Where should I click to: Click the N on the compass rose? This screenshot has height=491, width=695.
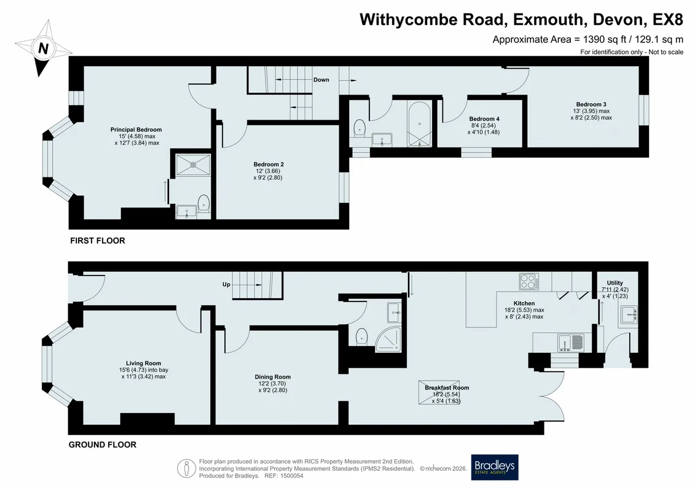click(x=43, y=48)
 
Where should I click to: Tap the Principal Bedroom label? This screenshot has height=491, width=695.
click(x=136, y=130)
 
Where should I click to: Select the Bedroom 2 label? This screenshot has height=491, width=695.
click(x=269, y=164)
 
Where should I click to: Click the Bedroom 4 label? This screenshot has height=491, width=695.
click(x=484, y=118)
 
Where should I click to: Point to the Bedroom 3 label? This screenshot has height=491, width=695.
click(x=591, y=104)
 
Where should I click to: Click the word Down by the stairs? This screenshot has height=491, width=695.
click(x=321, y=80)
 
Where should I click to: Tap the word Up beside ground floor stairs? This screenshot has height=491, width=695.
click(x=227, y=284)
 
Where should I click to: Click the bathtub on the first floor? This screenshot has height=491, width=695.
click(x=419, y=125)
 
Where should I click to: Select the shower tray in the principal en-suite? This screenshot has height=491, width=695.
click(x=193, y=164)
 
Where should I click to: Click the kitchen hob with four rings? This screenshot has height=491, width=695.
click(x=529, y=281)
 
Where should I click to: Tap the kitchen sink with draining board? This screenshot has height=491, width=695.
click(x=571, y=343)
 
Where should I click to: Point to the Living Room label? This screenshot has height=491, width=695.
click(x=143, y=363)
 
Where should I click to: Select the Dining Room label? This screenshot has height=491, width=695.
click(x=273, y=377)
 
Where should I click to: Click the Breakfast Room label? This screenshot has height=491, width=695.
click(x=447, y=387)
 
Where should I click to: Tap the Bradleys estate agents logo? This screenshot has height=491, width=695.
click(x=494, y=467)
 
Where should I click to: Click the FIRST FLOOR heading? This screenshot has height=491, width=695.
click(x=98, y=241)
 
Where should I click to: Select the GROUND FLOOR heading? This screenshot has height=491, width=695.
click(x=103, y=444)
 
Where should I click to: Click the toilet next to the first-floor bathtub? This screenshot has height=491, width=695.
click(x=359, y=128)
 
